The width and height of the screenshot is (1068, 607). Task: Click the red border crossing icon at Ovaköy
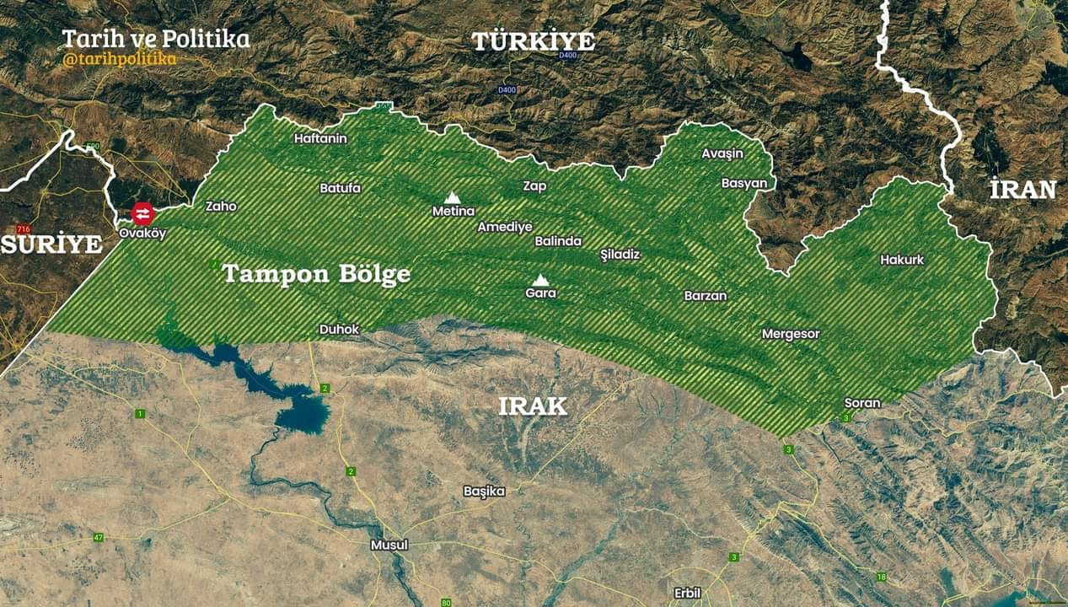142,213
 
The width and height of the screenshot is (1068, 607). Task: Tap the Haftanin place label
320,138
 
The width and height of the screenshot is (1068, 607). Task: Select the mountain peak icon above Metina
453,196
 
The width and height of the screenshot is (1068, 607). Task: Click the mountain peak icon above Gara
540,279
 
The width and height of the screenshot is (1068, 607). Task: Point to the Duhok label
339,329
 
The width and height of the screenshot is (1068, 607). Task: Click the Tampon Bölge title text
316,274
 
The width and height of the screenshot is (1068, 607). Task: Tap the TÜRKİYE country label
533,41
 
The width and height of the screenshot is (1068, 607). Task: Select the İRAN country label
1022,190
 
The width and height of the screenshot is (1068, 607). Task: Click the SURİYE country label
51,244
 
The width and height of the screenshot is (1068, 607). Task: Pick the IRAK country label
533,406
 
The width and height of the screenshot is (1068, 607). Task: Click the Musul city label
389,545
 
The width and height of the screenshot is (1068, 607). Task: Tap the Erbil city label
687,593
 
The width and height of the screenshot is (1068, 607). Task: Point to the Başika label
485,491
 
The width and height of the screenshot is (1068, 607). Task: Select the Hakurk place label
902,260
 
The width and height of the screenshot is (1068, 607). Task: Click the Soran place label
862,403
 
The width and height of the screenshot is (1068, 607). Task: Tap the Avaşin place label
722,153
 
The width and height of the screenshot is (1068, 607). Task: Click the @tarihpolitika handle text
119,59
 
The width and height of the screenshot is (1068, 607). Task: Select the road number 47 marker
99,537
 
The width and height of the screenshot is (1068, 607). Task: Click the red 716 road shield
23,229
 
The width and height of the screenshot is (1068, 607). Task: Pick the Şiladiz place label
620,254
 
